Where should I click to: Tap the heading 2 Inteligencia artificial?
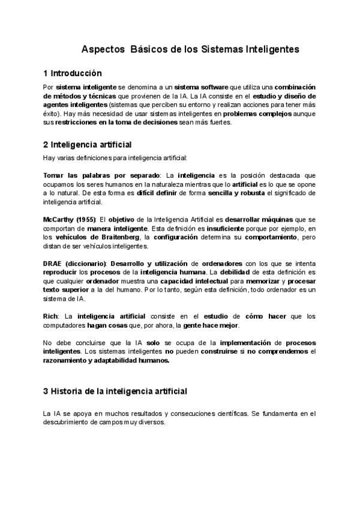(x=88, y=145)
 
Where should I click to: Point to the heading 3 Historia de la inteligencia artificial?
(x=115, y=391)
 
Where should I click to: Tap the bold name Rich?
(x=50, y=316)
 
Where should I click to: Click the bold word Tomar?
(x=54, y=175)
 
